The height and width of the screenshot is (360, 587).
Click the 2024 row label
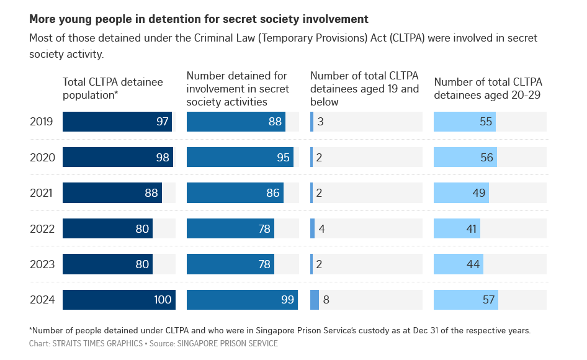click(x=42, y=300)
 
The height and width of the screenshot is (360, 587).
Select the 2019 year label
click(x=42, y=122)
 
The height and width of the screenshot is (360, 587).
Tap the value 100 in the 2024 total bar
click(x=162, y=300)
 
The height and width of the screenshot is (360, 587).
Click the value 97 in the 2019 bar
click(x=163, y=122)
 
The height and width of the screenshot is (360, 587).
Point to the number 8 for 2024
click(x=326, y=300)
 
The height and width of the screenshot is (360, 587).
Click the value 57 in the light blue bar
click(x=488, y=300)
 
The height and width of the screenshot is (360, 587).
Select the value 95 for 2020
click(x=283, y=158)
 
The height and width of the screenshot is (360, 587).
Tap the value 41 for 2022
click(x=471, y=229)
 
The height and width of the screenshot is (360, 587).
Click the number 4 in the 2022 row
click(x=321, y=229)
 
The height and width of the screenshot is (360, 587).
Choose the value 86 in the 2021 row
click(x=273, y=193)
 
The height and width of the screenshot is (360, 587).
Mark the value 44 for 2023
click(x=474, y=264)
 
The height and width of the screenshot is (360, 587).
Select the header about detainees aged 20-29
click(x=488, y=88)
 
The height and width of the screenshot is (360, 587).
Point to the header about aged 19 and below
click(x=364, y=88)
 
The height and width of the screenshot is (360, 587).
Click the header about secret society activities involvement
click(x=238, y=88)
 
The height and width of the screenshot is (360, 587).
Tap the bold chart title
click(x=199, y=19)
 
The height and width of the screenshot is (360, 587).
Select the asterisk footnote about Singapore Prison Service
click(x=279, y=330)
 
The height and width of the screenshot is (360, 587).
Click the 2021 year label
click(x=42, y=193)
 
